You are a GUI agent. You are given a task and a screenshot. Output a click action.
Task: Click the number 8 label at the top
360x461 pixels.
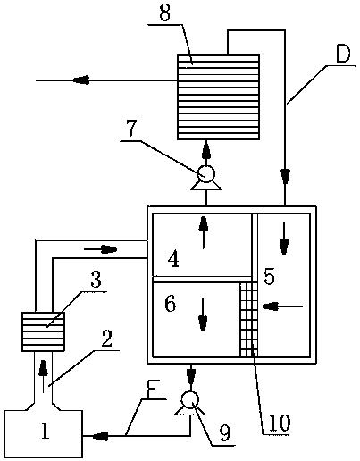click(x=164, y=13)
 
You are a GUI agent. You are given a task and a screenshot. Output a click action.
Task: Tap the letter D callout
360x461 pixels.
click(x=343, y=54)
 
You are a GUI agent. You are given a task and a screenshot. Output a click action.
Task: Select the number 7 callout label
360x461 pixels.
click(x=131, y=129)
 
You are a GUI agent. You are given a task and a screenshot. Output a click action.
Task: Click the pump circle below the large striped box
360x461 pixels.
click(x=206, y=173)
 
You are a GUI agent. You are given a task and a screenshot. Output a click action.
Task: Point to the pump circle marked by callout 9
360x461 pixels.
click(x=190, y=399)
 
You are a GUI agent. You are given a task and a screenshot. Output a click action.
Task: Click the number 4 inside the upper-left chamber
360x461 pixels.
click(x=173, y=259)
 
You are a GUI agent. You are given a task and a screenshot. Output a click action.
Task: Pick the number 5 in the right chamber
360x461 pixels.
click(x=269, y=277)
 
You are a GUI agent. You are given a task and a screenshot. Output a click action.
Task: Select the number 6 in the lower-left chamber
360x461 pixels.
click(x=171, y=304)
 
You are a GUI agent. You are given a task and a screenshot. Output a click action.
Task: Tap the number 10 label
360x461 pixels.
click(x=280, y=423)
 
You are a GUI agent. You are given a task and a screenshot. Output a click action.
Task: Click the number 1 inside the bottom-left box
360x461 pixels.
click(x=46, y=431)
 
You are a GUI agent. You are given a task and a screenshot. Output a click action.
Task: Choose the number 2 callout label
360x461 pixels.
click(x=106, y=339)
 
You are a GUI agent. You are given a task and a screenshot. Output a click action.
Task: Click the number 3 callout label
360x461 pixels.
click(x=96, y=280)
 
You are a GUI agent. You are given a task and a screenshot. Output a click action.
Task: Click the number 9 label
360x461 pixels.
click(x=225, y=433)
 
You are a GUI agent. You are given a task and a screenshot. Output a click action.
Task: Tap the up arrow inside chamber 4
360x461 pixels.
click(x=204, y=232)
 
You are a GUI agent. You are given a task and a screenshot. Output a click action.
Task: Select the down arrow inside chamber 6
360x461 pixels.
click(x=203, y=314)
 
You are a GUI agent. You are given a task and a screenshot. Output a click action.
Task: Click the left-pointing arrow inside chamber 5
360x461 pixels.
click(x=282, y=306)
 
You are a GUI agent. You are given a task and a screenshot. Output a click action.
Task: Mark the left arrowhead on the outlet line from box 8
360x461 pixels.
click(x=81, y=80)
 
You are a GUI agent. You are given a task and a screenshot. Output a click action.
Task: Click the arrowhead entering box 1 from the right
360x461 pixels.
click(x=100, y=436)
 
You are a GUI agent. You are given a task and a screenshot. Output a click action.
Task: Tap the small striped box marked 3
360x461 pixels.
click(x=44, y=331)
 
